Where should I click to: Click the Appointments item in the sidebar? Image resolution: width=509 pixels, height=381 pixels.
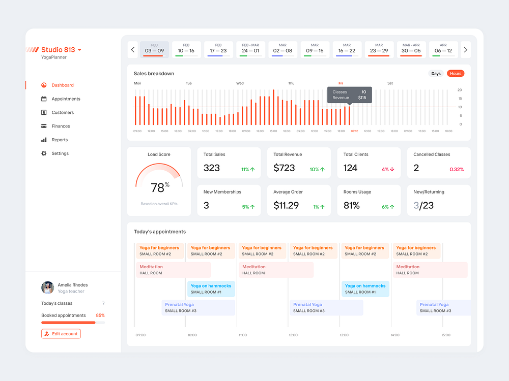click(x=66, y=99)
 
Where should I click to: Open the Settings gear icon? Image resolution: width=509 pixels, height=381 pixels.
click(x=44, y=153)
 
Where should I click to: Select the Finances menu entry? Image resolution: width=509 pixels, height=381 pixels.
click(x=61, y=126)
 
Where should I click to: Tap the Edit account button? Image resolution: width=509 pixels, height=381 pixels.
click(x=61, y=334)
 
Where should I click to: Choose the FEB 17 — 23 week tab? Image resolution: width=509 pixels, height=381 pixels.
click(x=218, y=50)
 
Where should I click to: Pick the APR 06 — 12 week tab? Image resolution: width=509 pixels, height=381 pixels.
click(x=443, y=50)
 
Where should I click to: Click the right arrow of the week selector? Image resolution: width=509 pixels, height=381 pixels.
click(x=465, y=50)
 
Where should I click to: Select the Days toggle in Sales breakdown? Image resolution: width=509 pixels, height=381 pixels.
click(x=436, y=74)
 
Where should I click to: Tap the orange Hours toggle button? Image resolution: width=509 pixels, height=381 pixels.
click(x=456, y=74)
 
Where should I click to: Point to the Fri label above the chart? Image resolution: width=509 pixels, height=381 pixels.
click(x=341, y=83)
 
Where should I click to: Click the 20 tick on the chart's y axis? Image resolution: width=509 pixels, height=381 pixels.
click(x=460, y=90)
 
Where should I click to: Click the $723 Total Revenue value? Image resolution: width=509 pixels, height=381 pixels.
click(x=284, y=168)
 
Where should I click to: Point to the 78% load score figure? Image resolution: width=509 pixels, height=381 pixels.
click(x=159, y=187)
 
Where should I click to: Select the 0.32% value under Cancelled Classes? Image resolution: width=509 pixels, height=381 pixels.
click(x=457, y=170)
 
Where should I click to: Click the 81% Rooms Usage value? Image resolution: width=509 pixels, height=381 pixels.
click(x=352, y=206)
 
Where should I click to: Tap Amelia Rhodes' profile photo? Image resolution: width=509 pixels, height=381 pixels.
click(x=48, y=288)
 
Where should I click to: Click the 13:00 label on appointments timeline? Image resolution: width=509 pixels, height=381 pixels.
click(x=344, y=335)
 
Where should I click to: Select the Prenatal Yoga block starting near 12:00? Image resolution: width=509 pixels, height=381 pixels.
click(x=326, y=307)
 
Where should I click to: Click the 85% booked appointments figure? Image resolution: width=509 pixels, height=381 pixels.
click(x=100, y=315)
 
